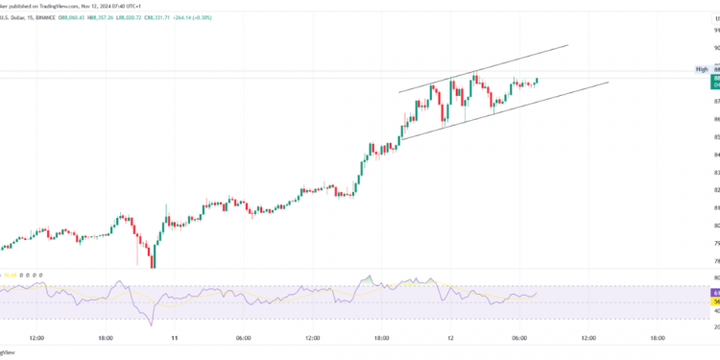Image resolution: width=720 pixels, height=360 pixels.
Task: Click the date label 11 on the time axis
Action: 175,338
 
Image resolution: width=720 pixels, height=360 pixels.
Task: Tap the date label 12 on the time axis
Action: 450,338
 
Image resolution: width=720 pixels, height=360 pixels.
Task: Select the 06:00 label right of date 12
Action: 519,338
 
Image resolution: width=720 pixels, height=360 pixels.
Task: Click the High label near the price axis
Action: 702,69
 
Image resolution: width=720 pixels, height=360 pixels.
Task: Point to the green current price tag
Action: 715,84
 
